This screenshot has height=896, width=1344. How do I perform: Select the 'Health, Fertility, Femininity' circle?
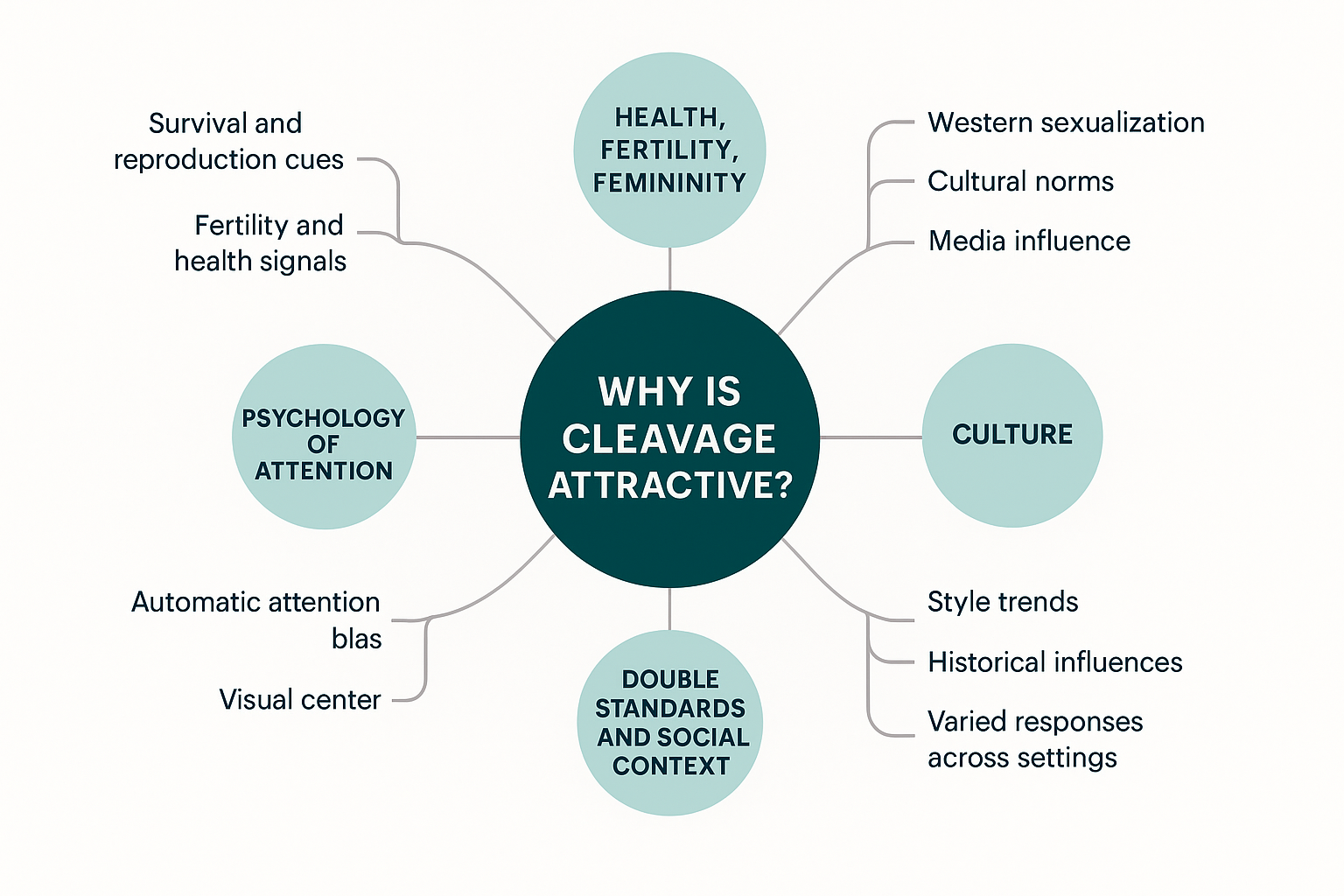coord(669,150)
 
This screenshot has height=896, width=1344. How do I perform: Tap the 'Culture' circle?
coord(1012,435)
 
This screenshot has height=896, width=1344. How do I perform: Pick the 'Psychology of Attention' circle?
coord(324,437)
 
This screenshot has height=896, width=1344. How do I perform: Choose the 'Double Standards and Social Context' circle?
coord(670,722)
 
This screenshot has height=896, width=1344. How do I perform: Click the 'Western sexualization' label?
coord(1066,122)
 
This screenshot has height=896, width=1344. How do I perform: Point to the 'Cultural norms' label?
coord(1020,181)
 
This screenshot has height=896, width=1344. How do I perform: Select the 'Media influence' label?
coord(1029,241)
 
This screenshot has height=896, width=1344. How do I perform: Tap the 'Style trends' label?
coord(1003,602)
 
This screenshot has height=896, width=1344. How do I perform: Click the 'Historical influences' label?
coord(1054,662)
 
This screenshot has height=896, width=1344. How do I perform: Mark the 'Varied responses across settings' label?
coord(1034,739)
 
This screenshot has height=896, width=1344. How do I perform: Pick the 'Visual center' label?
coord(300,700)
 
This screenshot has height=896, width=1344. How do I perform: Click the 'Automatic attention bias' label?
coord(256,619)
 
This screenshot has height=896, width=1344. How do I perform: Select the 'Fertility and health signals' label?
coord(261,243)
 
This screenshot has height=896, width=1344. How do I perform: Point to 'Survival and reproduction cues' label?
coord(228,141)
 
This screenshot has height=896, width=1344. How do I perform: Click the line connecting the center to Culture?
coord(871,437)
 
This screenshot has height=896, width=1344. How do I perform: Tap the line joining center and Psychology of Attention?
coord(468,437)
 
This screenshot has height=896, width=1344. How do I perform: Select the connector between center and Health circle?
coord(669,269)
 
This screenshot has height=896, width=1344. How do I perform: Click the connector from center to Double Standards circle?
coord(669,609)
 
